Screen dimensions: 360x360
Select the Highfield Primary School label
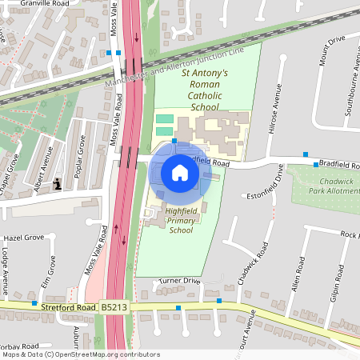(182, 220)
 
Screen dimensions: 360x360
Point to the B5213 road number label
(114, 306)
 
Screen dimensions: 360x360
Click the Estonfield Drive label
(266, 194)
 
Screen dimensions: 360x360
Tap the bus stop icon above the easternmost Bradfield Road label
(305, 154)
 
